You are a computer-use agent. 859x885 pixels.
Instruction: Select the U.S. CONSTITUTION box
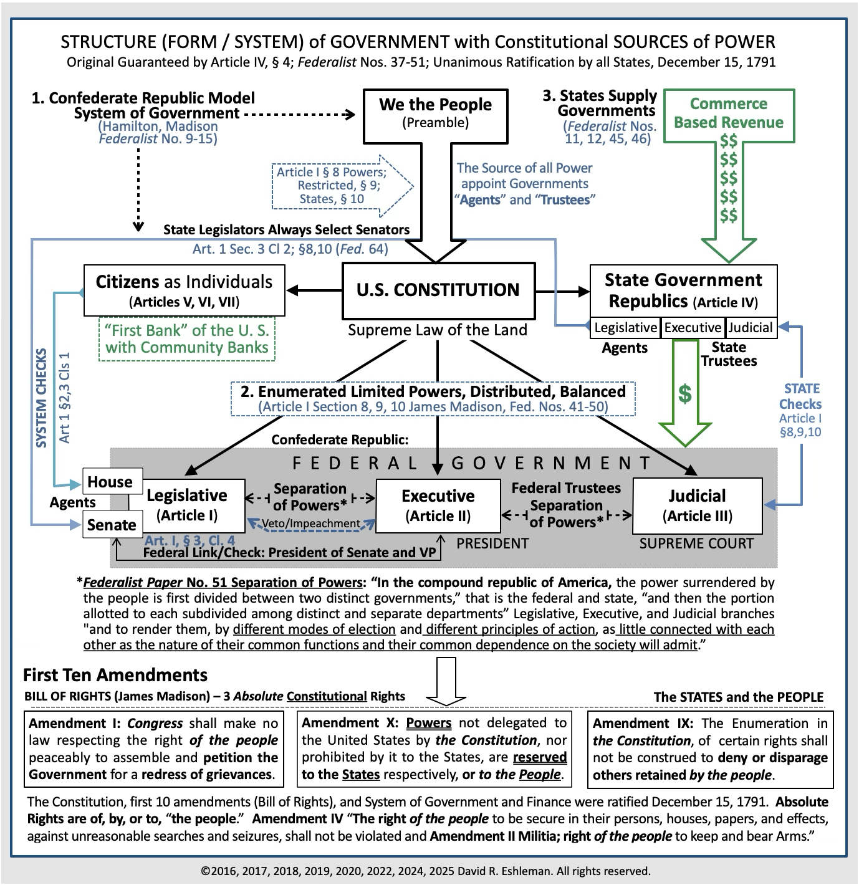[x=438, y=290]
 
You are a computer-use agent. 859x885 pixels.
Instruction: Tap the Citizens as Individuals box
[x=184, y=290]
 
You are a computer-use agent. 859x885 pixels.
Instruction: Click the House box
[x=110, y=482]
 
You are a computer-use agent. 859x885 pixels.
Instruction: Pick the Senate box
[x=112, y=525]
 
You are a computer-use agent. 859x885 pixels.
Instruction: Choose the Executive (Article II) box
[x=438, y=505]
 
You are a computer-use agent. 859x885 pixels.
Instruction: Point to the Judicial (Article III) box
[x=697, y=505]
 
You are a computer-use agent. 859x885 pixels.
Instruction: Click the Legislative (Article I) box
[x=186, y=505]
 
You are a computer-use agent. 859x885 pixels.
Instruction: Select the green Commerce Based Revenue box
[x=729, y=113]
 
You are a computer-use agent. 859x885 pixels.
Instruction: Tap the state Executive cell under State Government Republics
[x=693, y=328]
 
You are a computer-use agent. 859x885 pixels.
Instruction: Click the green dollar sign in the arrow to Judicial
[x=685, y=394]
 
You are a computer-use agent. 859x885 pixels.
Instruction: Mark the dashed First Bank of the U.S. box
[x=187, y=339]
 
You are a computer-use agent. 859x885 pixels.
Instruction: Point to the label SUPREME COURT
[x=696, y=543]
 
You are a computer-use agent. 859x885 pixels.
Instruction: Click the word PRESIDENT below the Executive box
[x=492, y=543]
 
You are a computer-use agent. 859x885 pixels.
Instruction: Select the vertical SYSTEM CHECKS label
[x=42, y=398]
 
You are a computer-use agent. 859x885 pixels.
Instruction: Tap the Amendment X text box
[x=434, y=749]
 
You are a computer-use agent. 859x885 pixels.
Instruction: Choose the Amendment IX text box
[x=710, y=749]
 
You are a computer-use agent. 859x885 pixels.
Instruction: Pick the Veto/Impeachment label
[x=310, y=524]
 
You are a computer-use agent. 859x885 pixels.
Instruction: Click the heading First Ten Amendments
[x=115, y=675]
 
